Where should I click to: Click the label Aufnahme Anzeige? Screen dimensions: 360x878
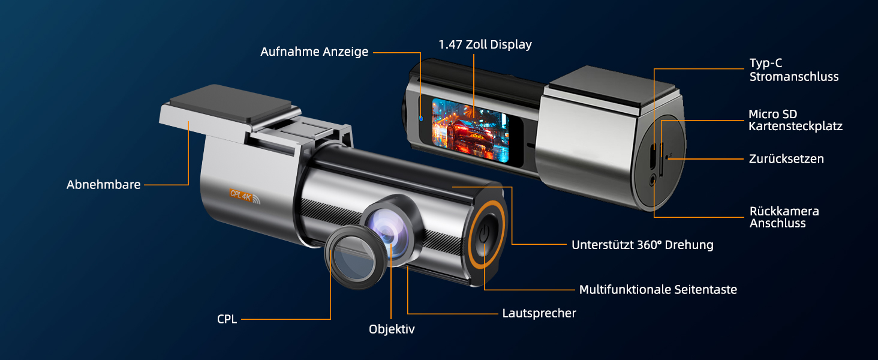click(314, 52)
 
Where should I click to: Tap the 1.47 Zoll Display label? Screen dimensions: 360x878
click(485, 44)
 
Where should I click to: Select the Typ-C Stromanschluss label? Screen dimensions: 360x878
click(793, 70)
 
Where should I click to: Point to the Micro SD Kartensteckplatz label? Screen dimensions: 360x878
click(795, 120)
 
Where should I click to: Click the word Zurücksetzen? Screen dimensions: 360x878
click(786, 159)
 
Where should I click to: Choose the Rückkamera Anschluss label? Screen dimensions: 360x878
click(784, 217)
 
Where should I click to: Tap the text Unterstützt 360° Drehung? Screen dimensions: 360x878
click(642, 245)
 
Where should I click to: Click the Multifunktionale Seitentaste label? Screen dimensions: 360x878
click(658, 290)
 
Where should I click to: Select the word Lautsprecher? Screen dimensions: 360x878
click(539, 313)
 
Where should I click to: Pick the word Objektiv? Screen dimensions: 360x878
click(392, 329)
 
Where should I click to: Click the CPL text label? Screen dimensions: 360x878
click(227, 319)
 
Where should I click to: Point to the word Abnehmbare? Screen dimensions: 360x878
click(103, 185)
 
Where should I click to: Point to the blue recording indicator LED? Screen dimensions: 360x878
click(421, 118)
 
